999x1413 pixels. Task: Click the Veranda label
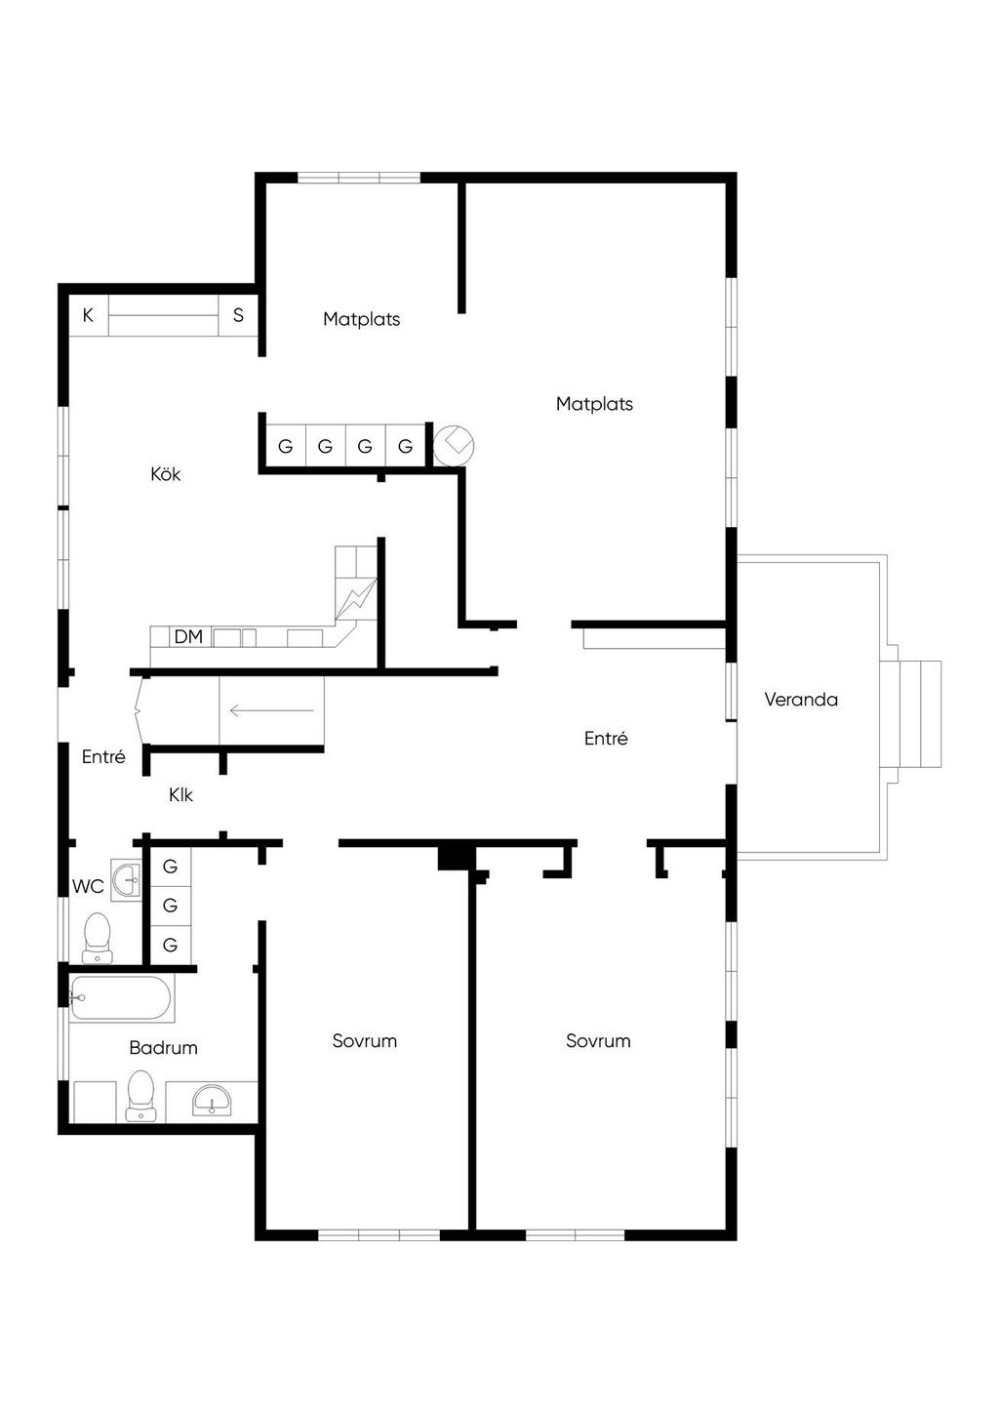pos(800,699)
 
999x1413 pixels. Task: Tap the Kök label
pos(165,473)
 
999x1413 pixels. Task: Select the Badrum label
pos(163,1048)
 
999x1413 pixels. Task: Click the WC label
pos(88,886)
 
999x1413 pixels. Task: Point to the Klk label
pos(180,794)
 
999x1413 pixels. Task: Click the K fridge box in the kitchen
pos(89,315)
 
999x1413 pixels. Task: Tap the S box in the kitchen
pos(238,315)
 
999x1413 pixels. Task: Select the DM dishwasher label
pos(188,636)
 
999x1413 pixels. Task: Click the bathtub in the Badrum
pos(120,998)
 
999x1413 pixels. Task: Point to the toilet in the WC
pos(98,938)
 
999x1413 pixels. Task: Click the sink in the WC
pos(127,878)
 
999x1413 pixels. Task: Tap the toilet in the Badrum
pos(140,1096)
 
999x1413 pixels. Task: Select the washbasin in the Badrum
pos(212,1101)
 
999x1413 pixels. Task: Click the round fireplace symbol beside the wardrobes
pos(454,445)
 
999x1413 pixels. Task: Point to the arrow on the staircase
pos(272,711)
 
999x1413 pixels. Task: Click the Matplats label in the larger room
pos(594,404)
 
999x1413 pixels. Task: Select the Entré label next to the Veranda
pos(606,738)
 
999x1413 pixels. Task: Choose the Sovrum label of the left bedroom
pos(365,1041)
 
